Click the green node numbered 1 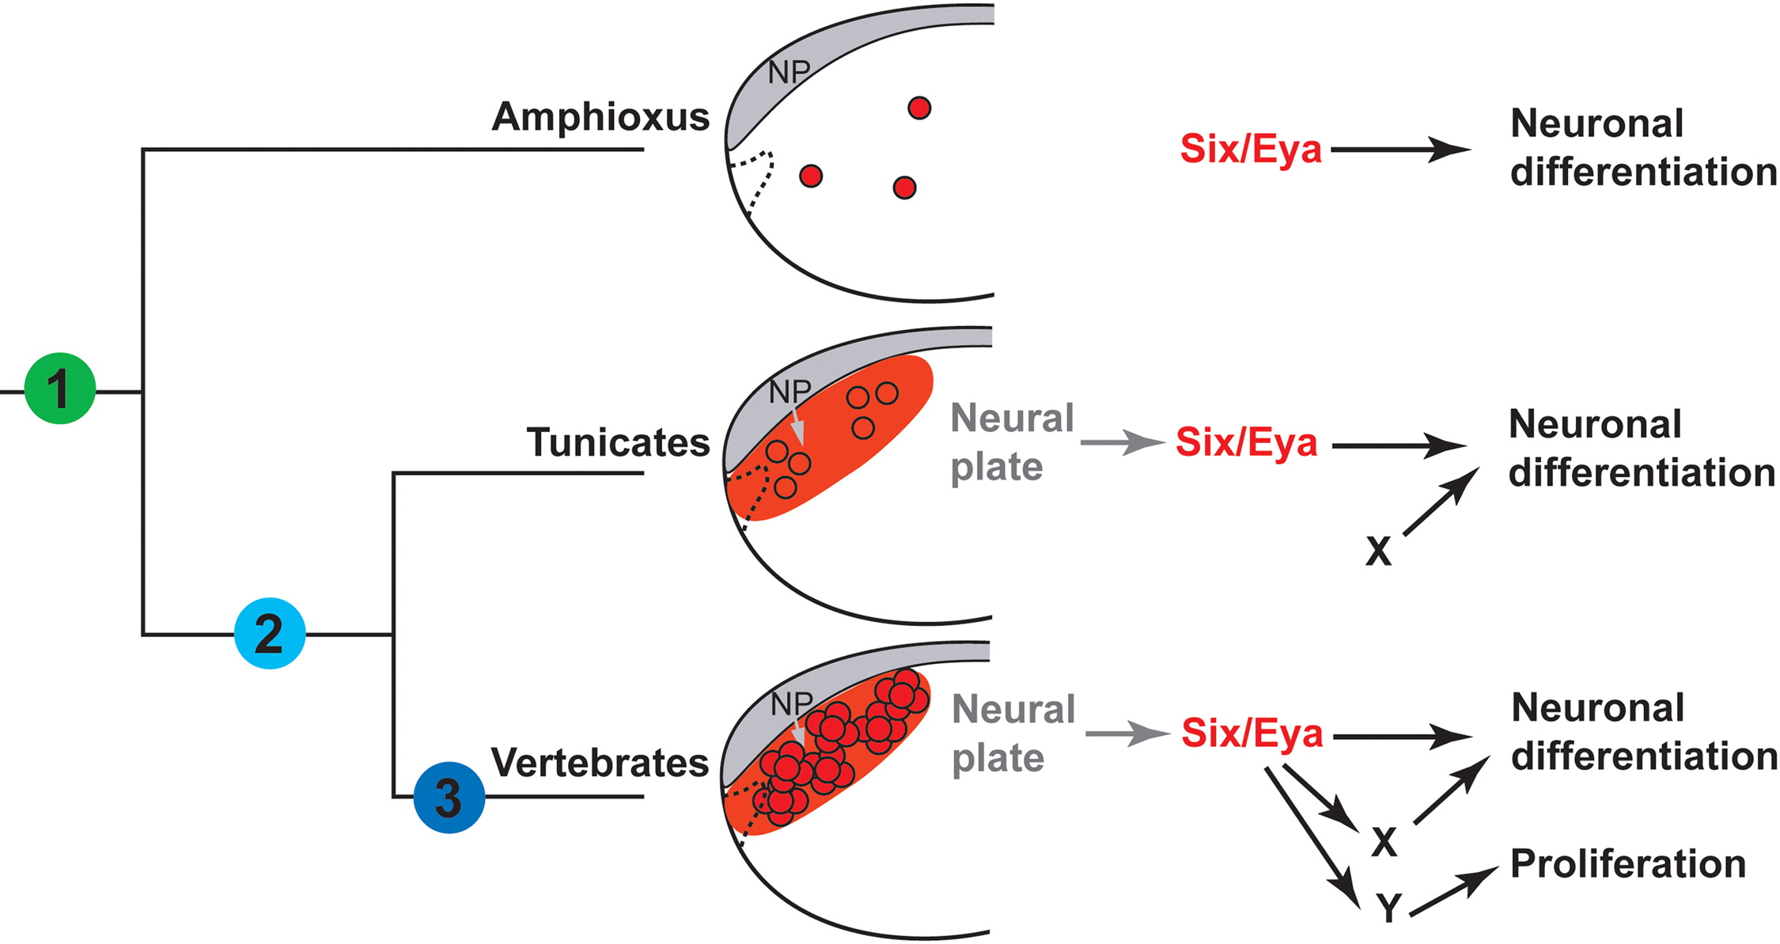click(60, 389)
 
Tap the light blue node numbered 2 click(270, 633)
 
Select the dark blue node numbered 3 click(449, 797)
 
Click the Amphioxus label click(600, 116)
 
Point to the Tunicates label click(618, 442)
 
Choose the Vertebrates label click(600, 762)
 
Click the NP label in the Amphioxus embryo click(789, 73)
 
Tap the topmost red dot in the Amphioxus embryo click(918, 108)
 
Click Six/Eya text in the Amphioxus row click(1251, 149)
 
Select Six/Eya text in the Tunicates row click(1246, 442)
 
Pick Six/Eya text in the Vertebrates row click(1252, 733)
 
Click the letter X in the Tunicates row click(1378, 552)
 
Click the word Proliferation click(1627, 863)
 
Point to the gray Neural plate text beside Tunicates click(1012, 442)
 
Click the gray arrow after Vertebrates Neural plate click(1127, 734)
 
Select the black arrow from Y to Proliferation click(1453, 890)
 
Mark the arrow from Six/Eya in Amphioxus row click(1400, 149)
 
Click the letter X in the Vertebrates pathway click(1384, 843)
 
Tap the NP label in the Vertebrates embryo click(791, 703)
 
